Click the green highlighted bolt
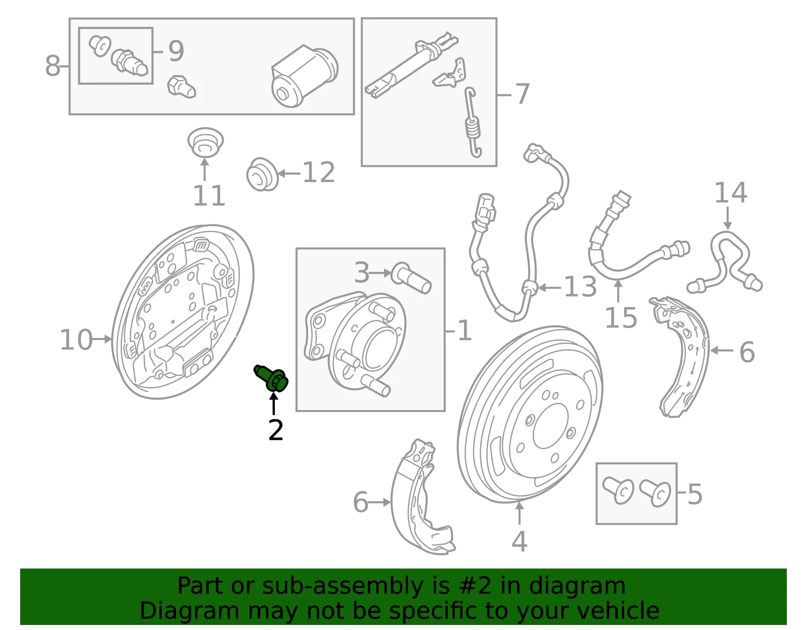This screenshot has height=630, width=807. [271, 378]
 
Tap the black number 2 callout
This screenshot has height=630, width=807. [275, 430]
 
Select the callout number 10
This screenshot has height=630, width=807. [76, 339]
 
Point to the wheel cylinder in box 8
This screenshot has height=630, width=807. [304, 76]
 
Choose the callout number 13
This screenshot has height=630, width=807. [580, 287]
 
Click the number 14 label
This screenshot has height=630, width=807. [731, 193]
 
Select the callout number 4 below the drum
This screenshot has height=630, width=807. [519, 542]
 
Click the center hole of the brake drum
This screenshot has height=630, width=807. [551, 427]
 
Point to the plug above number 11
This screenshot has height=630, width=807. [205, 143]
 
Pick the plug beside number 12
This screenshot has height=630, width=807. [262, 174]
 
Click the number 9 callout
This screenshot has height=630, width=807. [176, 51]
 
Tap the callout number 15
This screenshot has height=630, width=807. [621, 318]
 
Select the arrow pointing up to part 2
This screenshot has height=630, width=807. [274, 404]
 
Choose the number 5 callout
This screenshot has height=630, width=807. [695, 494]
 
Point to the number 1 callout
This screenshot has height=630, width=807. [464, 330]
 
